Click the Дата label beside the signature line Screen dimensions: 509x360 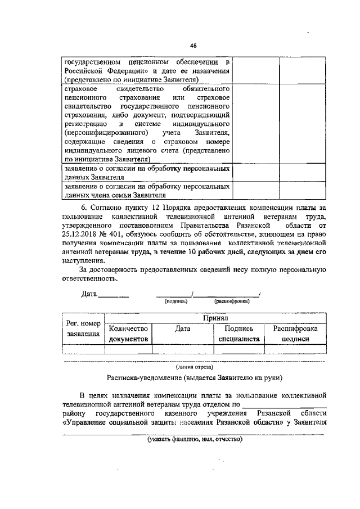(89, 294)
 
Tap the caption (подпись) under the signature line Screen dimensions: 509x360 (175, 301)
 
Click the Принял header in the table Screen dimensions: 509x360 (216, 318)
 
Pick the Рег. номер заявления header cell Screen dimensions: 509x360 (83, 328)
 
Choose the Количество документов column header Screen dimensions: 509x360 (128, 334)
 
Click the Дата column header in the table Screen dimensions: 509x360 (183, 328)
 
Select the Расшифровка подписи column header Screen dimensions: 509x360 (296, 334)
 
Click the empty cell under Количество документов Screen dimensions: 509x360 (128, 349)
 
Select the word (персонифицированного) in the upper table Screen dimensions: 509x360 (97, 132)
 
